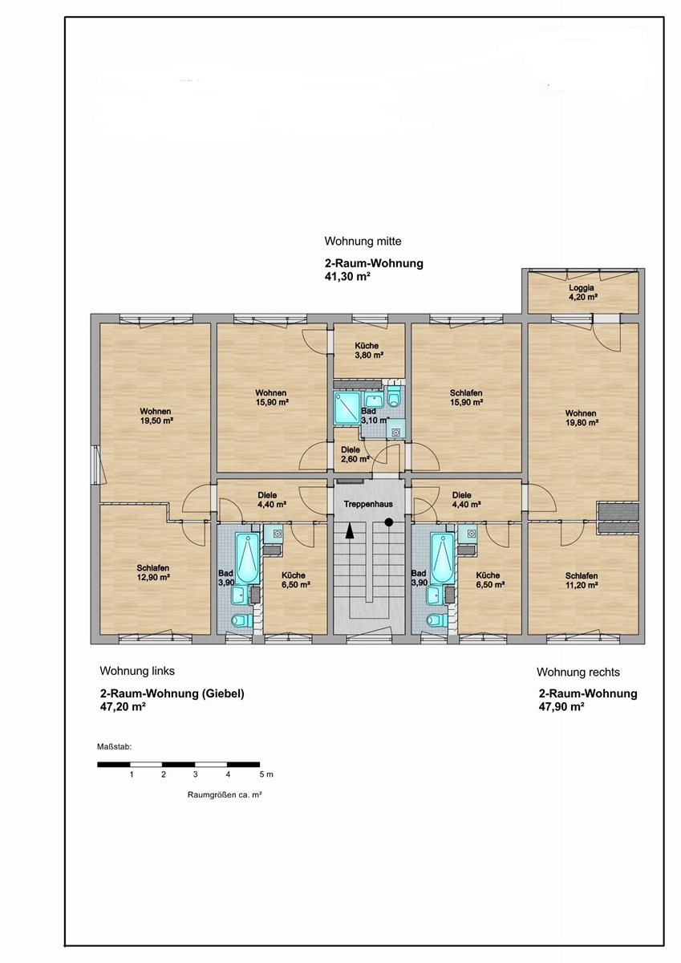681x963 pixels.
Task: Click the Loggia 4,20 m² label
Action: click(582, 292)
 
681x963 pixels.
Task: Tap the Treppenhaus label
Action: click(368, 504)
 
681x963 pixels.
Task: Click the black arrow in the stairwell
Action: click(351, 530)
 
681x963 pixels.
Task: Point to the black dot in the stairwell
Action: click(389, 522)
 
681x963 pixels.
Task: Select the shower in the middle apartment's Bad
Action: click(347, 408)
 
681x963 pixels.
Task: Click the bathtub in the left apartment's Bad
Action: click(247, 558)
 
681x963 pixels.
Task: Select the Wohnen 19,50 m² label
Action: click(156, 416)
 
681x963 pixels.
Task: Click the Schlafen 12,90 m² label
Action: click(153, 572)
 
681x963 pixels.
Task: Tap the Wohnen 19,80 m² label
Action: click(581, 417)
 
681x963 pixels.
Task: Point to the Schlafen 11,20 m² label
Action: click(582, 580)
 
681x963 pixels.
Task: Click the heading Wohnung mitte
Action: click(363, 242)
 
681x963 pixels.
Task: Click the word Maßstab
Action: click(114, 747)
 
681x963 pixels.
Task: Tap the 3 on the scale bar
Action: click(196, 774)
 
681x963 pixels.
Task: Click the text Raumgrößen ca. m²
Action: click(225, 795)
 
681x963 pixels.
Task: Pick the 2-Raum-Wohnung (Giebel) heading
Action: click(172, 693)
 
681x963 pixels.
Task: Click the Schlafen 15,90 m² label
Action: click(466, 397)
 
